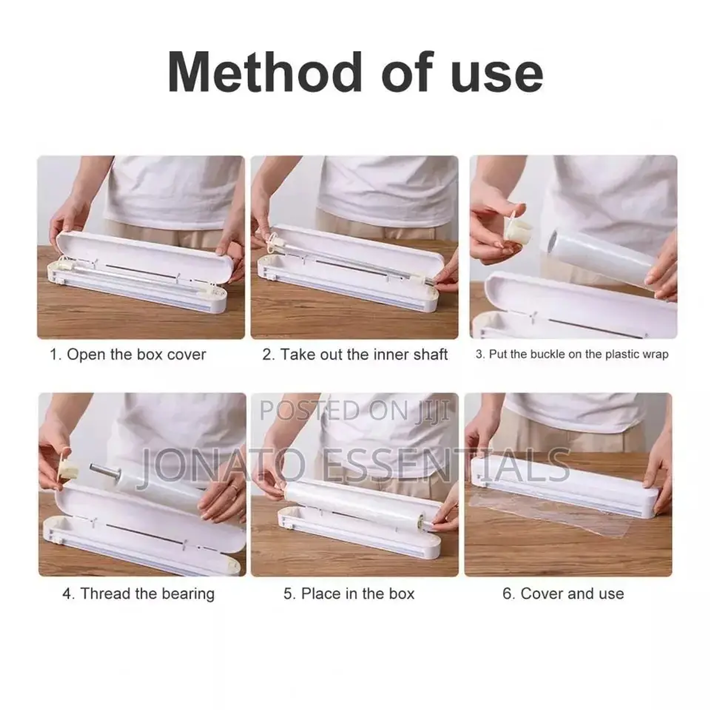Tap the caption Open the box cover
click(x=128, y=355)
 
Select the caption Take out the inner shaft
click(x=355, y=355)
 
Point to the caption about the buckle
click(x=572, y=355)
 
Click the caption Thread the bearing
click(x=138, y=594)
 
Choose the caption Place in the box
click(x=349, y=594)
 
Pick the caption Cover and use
click(x=563, y=594)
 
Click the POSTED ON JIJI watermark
click(x=355, y=410)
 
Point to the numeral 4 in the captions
click(x=68, y=594)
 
